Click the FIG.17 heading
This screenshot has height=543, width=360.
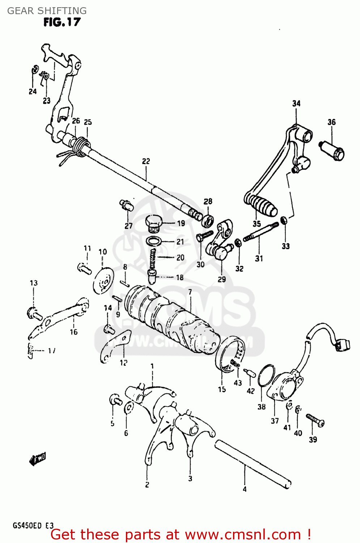coord(62,22)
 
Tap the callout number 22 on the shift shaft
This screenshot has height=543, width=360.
coord(146,161)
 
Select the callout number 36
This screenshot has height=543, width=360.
coord(331,122)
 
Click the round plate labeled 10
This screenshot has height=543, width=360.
coord(103,281)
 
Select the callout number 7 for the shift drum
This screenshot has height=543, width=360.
coord(190,292)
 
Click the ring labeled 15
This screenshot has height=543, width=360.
coord(229,353)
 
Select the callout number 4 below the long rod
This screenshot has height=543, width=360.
coord(245,489)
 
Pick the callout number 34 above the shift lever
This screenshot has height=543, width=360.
coord(296,104)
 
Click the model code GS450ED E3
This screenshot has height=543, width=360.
coord(33,526)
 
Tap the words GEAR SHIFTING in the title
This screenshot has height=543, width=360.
coord(47,10)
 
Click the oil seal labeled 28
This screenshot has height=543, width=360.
coord(208,220)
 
